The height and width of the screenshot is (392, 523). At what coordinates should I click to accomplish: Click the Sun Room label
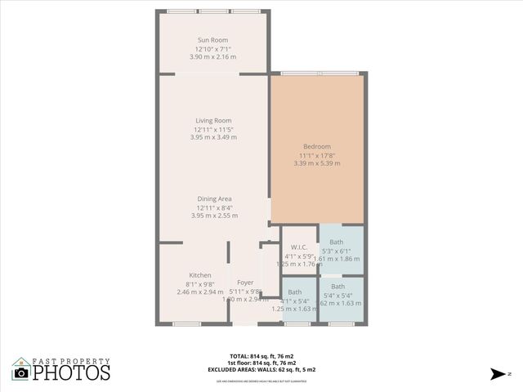[x=212, y=40]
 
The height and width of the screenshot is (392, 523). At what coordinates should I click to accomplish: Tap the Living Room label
[x=213, y=121]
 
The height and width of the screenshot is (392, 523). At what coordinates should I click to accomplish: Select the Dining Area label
[x=214, y=198]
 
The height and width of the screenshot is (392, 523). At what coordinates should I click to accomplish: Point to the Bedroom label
[x=316, y=146]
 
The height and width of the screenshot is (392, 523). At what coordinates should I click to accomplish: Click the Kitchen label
[x=200, y=275]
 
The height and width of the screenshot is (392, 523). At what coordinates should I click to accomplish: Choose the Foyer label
[x=245, y=283]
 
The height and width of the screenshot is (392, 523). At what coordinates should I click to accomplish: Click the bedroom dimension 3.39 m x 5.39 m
[x=316, y=163]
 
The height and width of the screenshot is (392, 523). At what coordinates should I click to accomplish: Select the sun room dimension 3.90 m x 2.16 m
[x=212, y=57]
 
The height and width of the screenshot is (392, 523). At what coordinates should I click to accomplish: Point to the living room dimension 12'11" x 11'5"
[x=213, y=130]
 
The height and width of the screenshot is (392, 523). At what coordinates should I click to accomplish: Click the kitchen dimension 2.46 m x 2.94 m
[x=200, y=292]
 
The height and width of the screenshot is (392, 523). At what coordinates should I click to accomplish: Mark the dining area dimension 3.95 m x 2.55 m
[x=214, y=216]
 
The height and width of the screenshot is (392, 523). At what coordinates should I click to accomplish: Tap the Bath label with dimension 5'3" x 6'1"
[x=337, y=242]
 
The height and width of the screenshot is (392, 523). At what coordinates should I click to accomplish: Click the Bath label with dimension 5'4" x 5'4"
[x=337, y=286]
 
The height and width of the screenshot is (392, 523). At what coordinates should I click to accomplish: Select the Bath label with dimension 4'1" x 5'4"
[x=294, y=292]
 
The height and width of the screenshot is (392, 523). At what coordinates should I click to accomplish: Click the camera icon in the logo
[x=21, y=373]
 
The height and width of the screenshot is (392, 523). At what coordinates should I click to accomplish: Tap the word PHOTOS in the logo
[x=71, y=372]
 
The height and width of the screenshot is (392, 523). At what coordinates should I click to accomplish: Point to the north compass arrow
[x=495, y=373]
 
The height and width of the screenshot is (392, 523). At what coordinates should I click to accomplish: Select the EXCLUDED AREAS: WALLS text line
[x=262, y=370]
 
